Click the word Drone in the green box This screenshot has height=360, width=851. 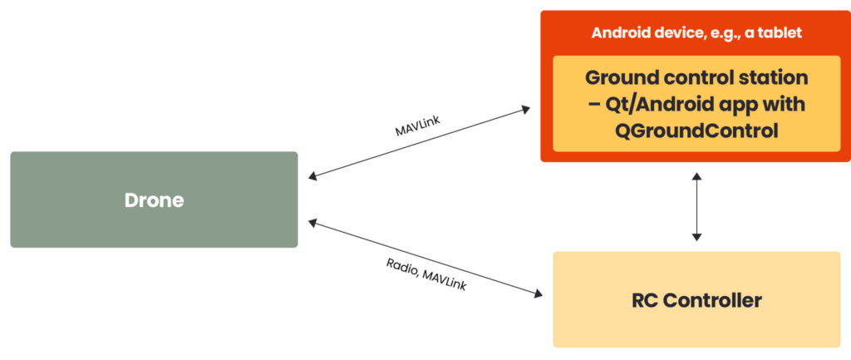(154, 200)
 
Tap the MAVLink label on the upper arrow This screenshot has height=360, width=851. (419, 126)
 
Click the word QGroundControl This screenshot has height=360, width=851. (696, 131)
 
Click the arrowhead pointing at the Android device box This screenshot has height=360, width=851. (525, 108)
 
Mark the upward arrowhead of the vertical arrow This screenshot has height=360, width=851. (696, 175)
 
